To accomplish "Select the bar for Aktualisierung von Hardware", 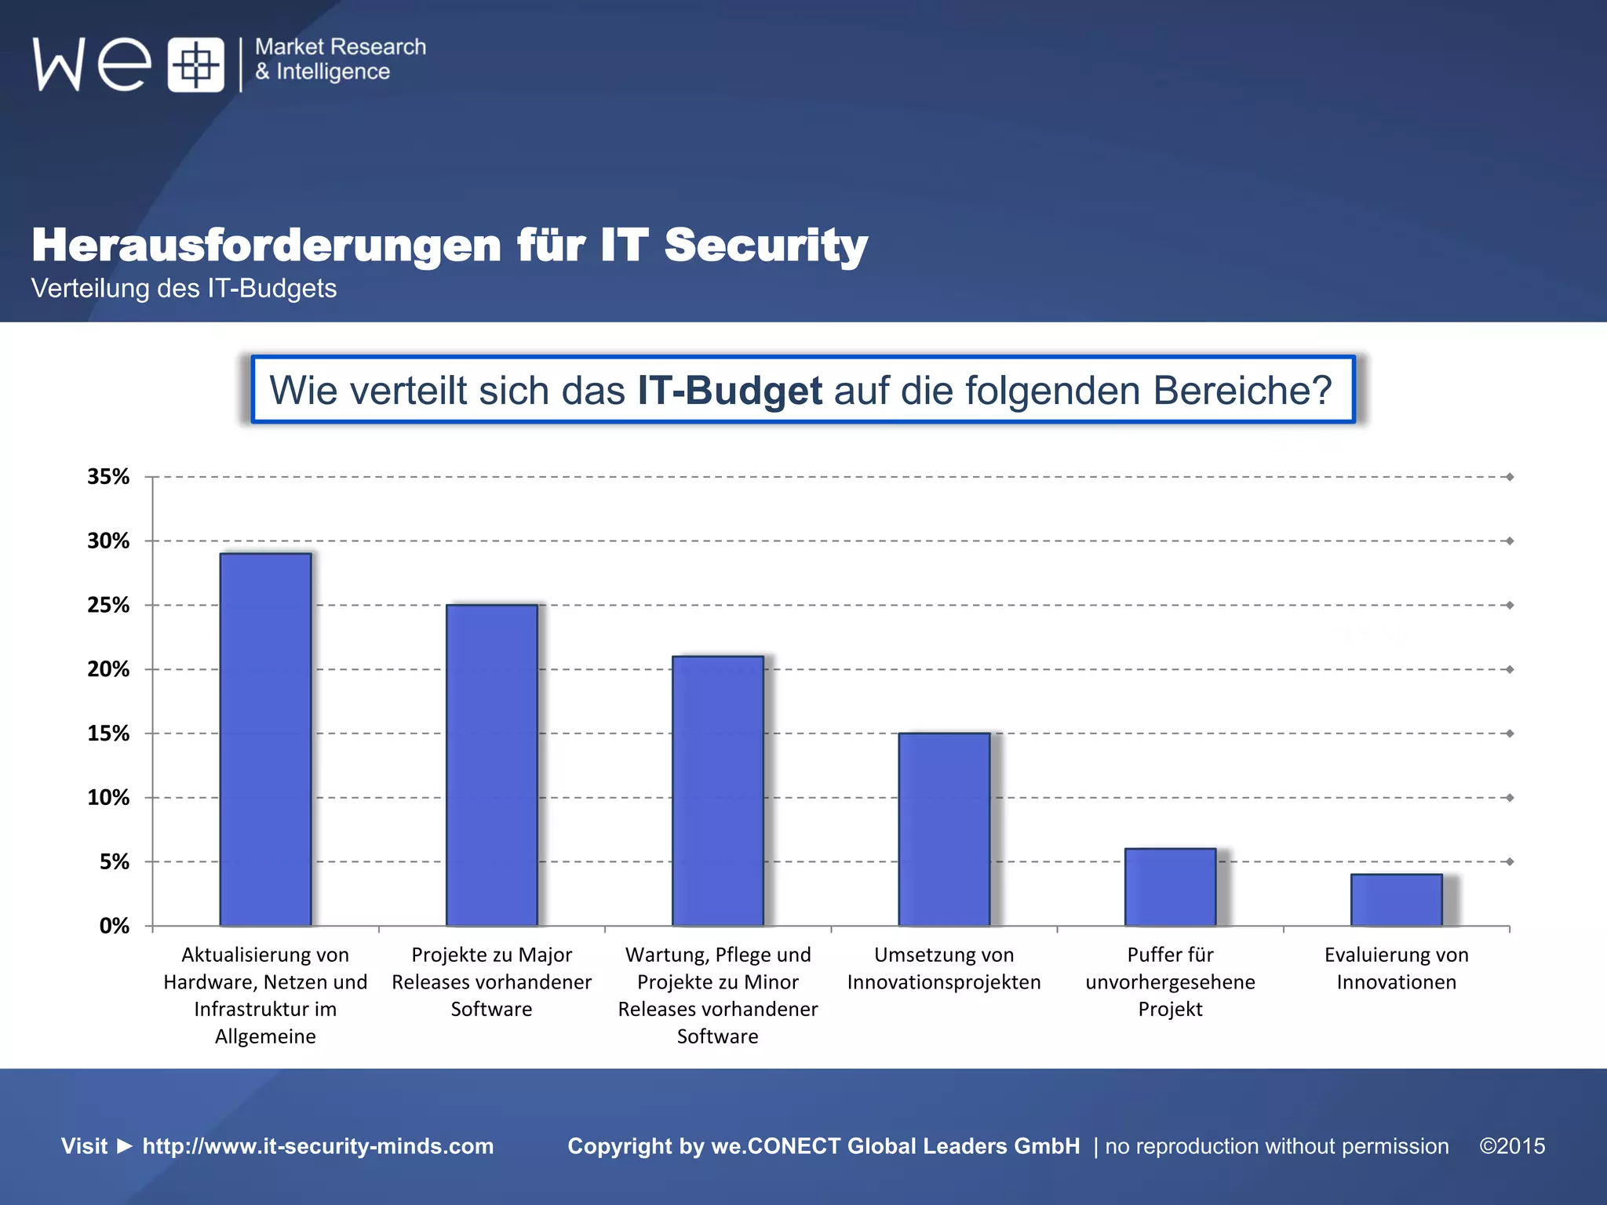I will point(265,739).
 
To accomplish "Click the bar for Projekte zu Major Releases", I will point(491,765).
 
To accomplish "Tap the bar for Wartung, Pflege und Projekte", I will point(717,791).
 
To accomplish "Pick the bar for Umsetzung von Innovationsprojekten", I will point(944,829).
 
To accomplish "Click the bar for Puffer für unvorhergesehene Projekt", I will point(1170,887).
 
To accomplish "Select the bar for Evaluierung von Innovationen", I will point(1396,900).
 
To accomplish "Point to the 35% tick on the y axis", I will point(108,477).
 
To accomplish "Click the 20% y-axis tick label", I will point(108,669).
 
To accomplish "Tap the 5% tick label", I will point(115,862).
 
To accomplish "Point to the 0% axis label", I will point(115,927).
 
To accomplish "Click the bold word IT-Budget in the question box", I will point(729,391).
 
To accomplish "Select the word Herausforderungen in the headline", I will point(266,245).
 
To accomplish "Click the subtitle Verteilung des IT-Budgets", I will point(184,289).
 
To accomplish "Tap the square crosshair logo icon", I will point(195,64).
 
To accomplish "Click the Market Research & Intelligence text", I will point(340,59).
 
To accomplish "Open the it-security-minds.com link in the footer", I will point(318,1146).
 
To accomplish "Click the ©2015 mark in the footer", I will point(1512,1146).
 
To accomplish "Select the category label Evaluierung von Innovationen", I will point(1396,968).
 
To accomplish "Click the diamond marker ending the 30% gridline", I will point(1510,541).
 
